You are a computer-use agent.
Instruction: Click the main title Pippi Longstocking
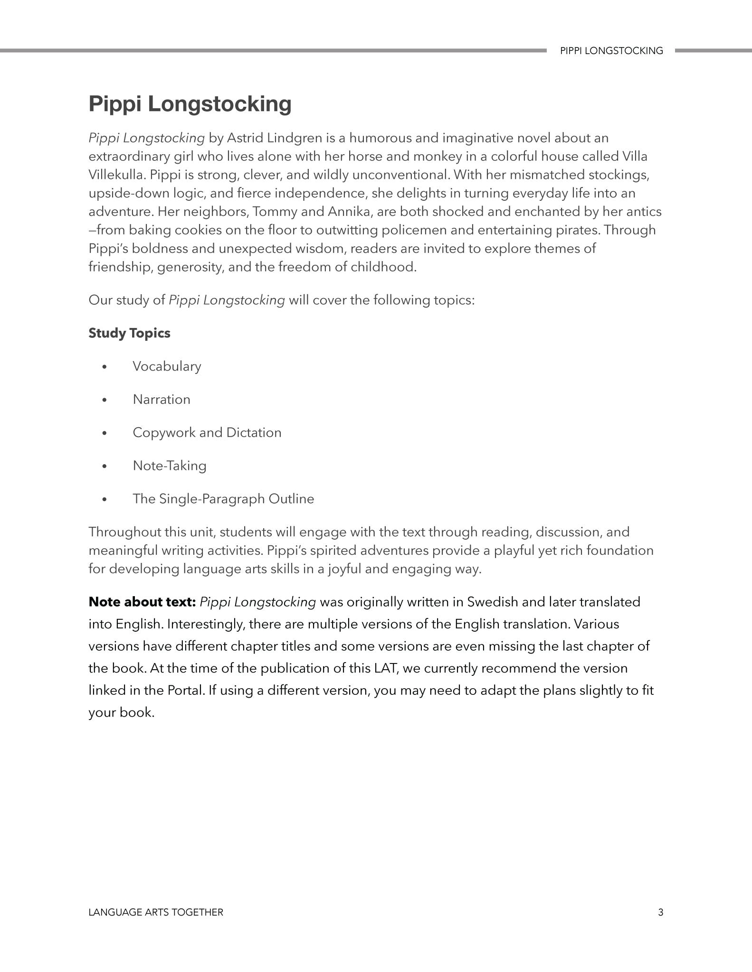pos(190,104)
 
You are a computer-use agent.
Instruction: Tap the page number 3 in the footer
pos(660,912)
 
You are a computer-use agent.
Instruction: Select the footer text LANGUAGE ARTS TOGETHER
pos(156,912)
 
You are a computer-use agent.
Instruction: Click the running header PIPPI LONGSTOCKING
pos(611,51)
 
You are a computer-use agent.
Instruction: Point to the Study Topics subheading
pos(129,333)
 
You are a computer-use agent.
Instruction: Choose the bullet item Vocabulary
pos(167,366)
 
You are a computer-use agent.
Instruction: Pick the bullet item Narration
pos(162,400)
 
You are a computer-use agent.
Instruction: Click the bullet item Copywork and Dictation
pos(207,433)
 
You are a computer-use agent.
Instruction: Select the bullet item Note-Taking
pos(170,466)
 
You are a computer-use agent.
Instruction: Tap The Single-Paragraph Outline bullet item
pos(223,499)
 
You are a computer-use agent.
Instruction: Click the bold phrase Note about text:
pos(142,602)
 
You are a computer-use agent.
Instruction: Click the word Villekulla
pos(115,175)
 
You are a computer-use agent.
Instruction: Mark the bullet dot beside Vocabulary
pos(105,367)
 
